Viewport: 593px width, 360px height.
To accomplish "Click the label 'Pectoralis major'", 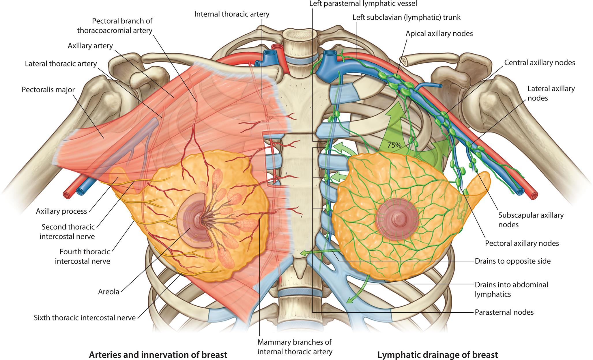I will pyautogui.click(x=48, y=90).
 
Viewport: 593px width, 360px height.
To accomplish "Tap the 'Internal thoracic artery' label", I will pyautogui.click(x=232, y=14).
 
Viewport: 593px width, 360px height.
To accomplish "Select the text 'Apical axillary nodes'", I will pyautogui.click(x=439, y=34).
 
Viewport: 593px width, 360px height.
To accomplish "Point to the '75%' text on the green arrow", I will pyautogui.click(x=394, y=145).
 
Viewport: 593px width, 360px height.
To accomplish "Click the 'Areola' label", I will pyautogui.click(x=109, y=292).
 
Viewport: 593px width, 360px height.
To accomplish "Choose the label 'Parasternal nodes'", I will pyautogui.click(x=504, y=312).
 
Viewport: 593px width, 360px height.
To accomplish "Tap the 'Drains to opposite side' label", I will pyautogui.click(x=512, y=261).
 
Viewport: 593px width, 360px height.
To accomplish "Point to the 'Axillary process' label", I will pyautogui.click(x=61, y=211).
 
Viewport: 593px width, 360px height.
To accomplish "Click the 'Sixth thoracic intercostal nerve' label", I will pyautogui.click(x=85, y=318).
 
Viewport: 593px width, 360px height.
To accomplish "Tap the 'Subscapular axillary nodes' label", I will pyautogui.click(x=531, y=220).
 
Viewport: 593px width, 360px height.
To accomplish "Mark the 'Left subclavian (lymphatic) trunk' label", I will pyautogui.click(x=407, y=17).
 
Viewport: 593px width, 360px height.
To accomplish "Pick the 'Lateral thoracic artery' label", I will pyautogui.click(x=61, y=64).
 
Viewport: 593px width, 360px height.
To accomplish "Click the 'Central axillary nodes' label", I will pyautogui.click(x=540, y=63).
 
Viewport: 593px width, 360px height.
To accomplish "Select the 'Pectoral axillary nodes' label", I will pyautogui.click(x=522, y=243).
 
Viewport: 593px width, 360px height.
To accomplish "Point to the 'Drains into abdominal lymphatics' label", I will pyautogui.click(x=511, y=289).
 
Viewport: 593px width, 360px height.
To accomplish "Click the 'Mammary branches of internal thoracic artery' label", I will pyautogui.click(x=295, y=347).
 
